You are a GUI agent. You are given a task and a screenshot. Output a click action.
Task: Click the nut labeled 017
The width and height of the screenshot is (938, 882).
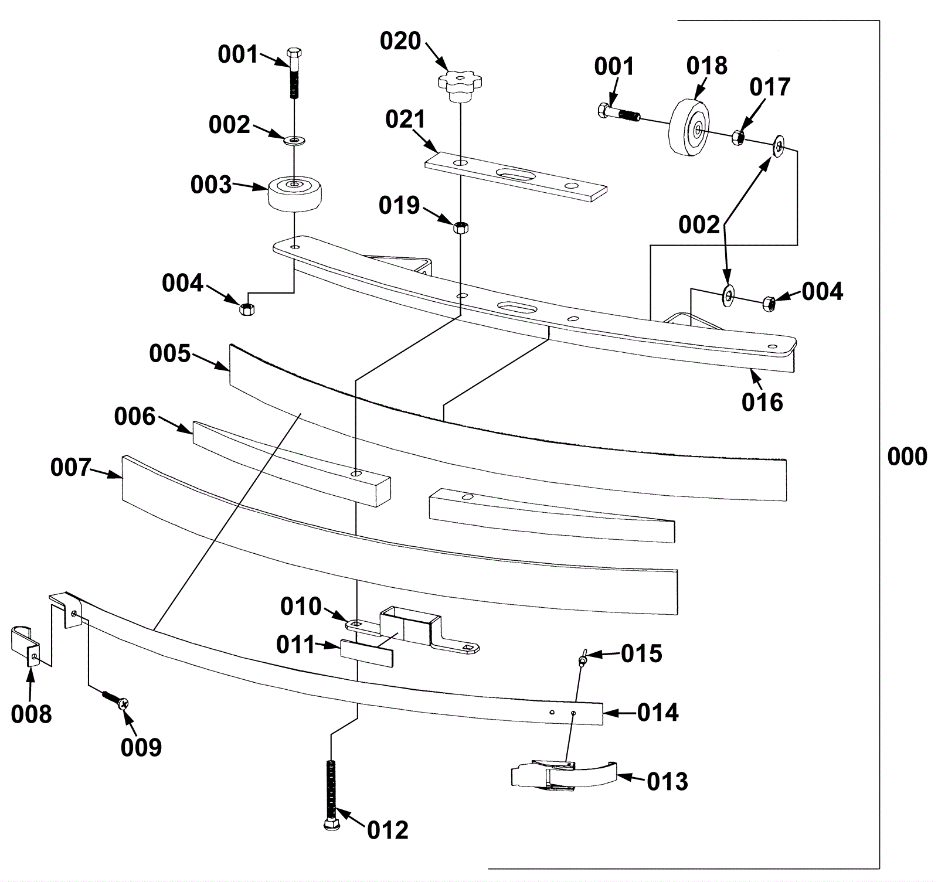738,138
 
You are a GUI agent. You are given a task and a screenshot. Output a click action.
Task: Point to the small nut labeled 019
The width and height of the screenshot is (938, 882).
461,227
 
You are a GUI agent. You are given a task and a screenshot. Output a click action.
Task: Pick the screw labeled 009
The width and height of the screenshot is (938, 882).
115,699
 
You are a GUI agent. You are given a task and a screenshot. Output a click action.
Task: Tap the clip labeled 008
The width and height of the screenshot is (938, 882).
26,646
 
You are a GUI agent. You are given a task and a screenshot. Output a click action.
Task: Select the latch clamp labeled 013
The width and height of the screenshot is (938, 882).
564,775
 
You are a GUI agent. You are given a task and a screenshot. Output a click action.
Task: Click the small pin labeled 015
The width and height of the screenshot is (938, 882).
583,658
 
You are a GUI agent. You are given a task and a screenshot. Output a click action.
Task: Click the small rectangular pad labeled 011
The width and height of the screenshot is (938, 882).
366,652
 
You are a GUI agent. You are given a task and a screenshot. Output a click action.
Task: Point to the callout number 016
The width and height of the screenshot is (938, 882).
762,402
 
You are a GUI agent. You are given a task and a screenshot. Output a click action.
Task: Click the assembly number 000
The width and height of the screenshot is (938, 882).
907,457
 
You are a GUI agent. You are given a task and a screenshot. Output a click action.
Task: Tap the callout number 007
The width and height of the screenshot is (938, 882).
71,467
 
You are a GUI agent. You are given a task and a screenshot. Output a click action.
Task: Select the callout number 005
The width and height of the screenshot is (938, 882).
169,353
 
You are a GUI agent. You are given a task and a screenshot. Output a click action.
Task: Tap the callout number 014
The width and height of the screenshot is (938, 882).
658,712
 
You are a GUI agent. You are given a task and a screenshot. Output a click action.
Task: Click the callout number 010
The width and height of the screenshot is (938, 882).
301,606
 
